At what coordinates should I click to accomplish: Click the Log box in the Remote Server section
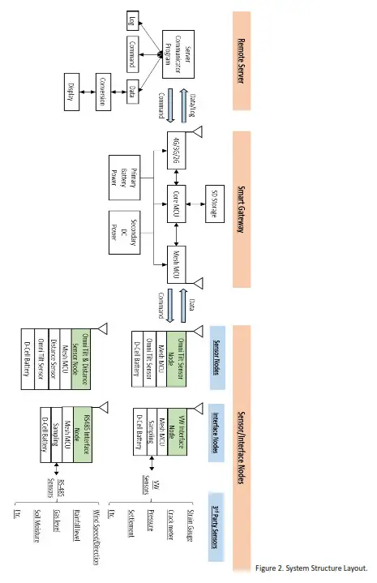134,19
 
